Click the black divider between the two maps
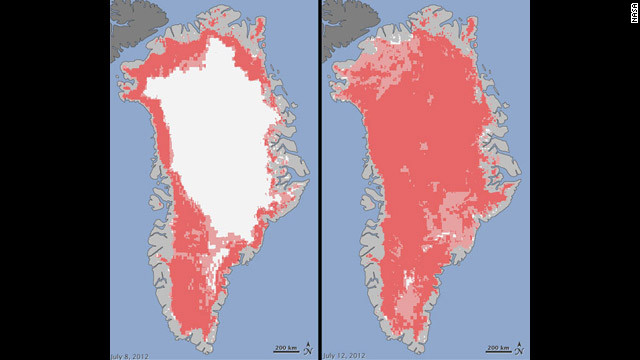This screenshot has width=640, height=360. tap(318, 180)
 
